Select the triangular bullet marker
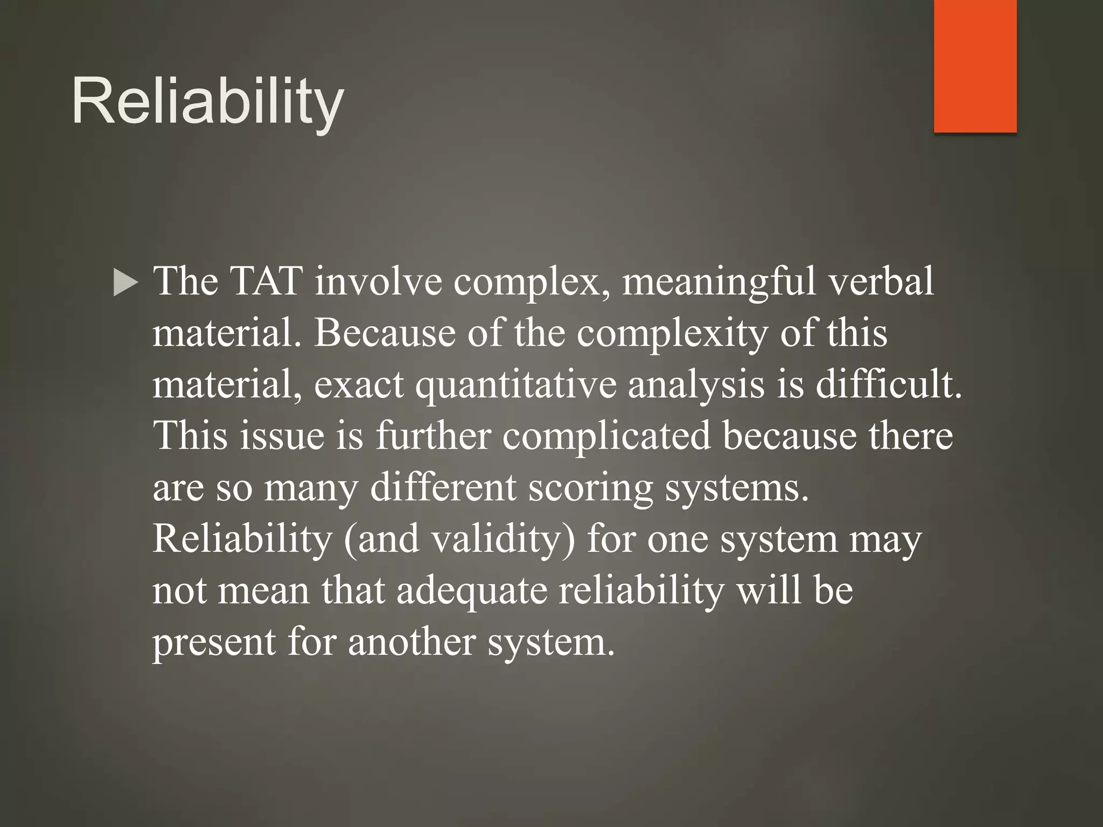point(125,283)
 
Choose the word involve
point(378,281)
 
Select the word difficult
point(888,384)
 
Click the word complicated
point(606,436)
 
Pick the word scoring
point(590,488)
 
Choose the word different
point(443,487)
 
